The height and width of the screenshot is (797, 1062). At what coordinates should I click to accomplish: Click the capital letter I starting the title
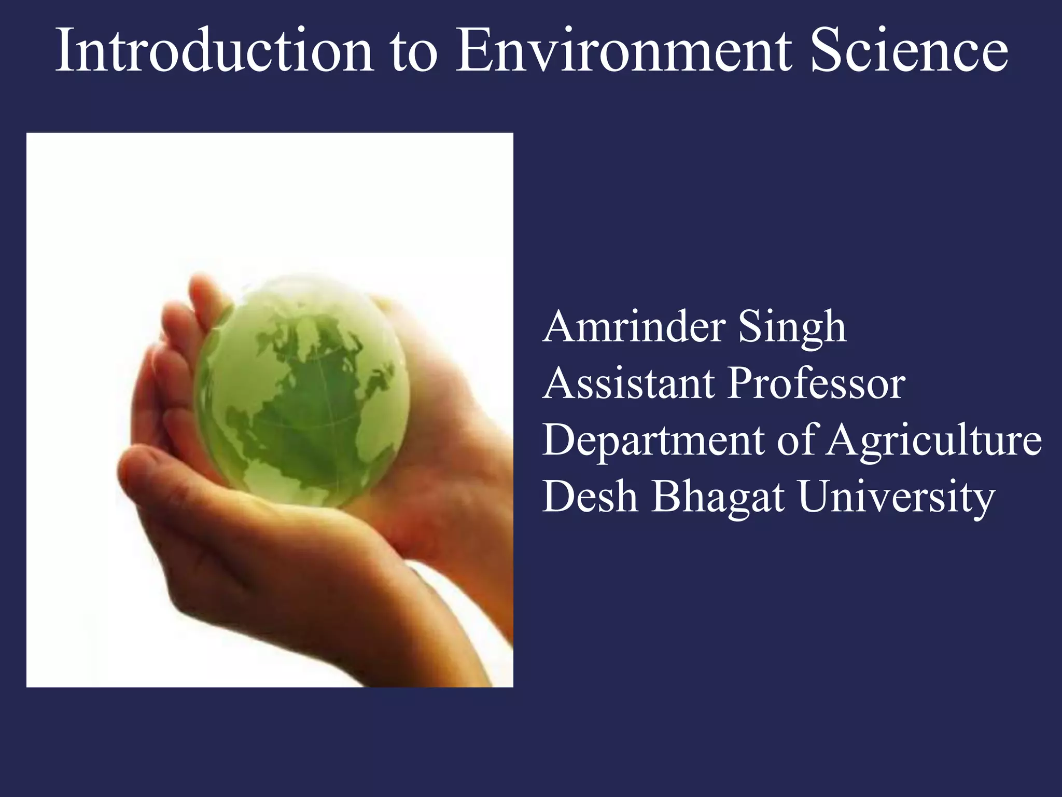[x=63, y=50]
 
